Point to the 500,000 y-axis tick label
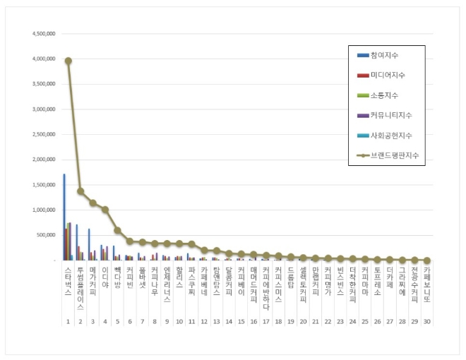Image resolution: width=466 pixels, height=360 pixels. tap(47, 235)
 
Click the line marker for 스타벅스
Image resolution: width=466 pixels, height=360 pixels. tap(68, 61)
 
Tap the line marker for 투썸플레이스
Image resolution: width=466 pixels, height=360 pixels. tap(80, 191)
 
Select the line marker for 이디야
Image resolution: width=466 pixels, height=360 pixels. tap(105, 209)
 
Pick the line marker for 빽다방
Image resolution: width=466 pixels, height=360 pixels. tap(117, 230)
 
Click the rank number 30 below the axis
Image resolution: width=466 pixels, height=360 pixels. tap(427, 322)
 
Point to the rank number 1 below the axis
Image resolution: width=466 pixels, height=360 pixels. tap(68, 322)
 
